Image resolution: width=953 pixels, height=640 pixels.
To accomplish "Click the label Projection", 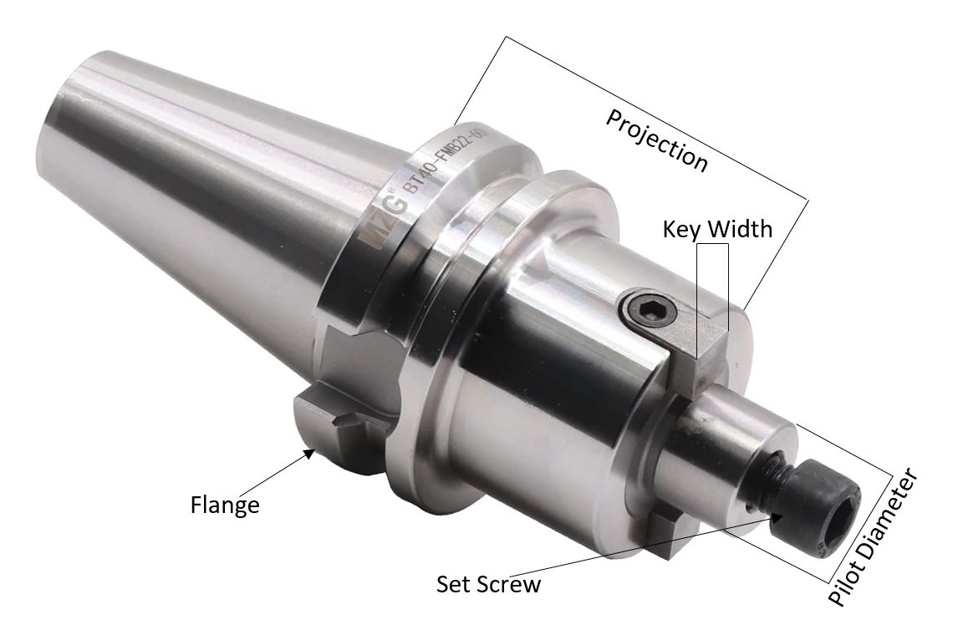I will (x=657, y=140).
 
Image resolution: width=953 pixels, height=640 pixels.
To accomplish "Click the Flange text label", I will (x=225, y=505).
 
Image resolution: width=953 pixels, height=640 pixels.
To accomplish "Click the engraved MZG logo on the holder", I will (x=380, y=221).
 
